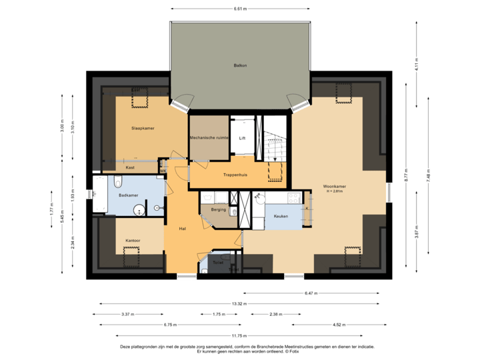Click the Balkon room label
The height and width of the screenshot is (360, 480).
[240, 65]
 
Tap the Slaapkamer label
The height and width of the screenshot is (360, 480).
[143, 128]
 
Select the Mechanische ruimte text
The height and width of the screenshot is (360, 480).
[209, 137]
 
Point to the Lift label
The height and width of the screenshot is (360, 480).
[243, 138]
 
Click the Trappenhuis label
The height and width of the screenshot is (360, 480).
[235, 175]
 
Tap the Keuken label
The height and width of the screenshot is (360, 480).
[280, 216]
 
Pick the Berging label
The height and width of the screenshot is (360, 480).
[218, 210]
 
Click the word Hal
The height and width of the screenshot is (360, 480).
[182, 229]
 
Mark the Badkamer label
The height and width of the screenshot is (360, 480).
[128, 195]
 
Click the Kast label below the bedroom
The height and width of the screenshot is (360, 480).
[130, 168]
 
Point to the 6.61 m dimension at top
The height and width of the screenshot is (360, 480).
[240, 9]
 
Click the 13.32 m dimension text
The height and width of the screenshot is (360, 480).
[239, 303]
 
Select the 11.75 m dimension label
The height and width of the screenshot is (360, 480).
[239, 335]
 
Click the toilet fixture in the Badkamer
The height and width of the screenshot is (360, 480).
[118, 182]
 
